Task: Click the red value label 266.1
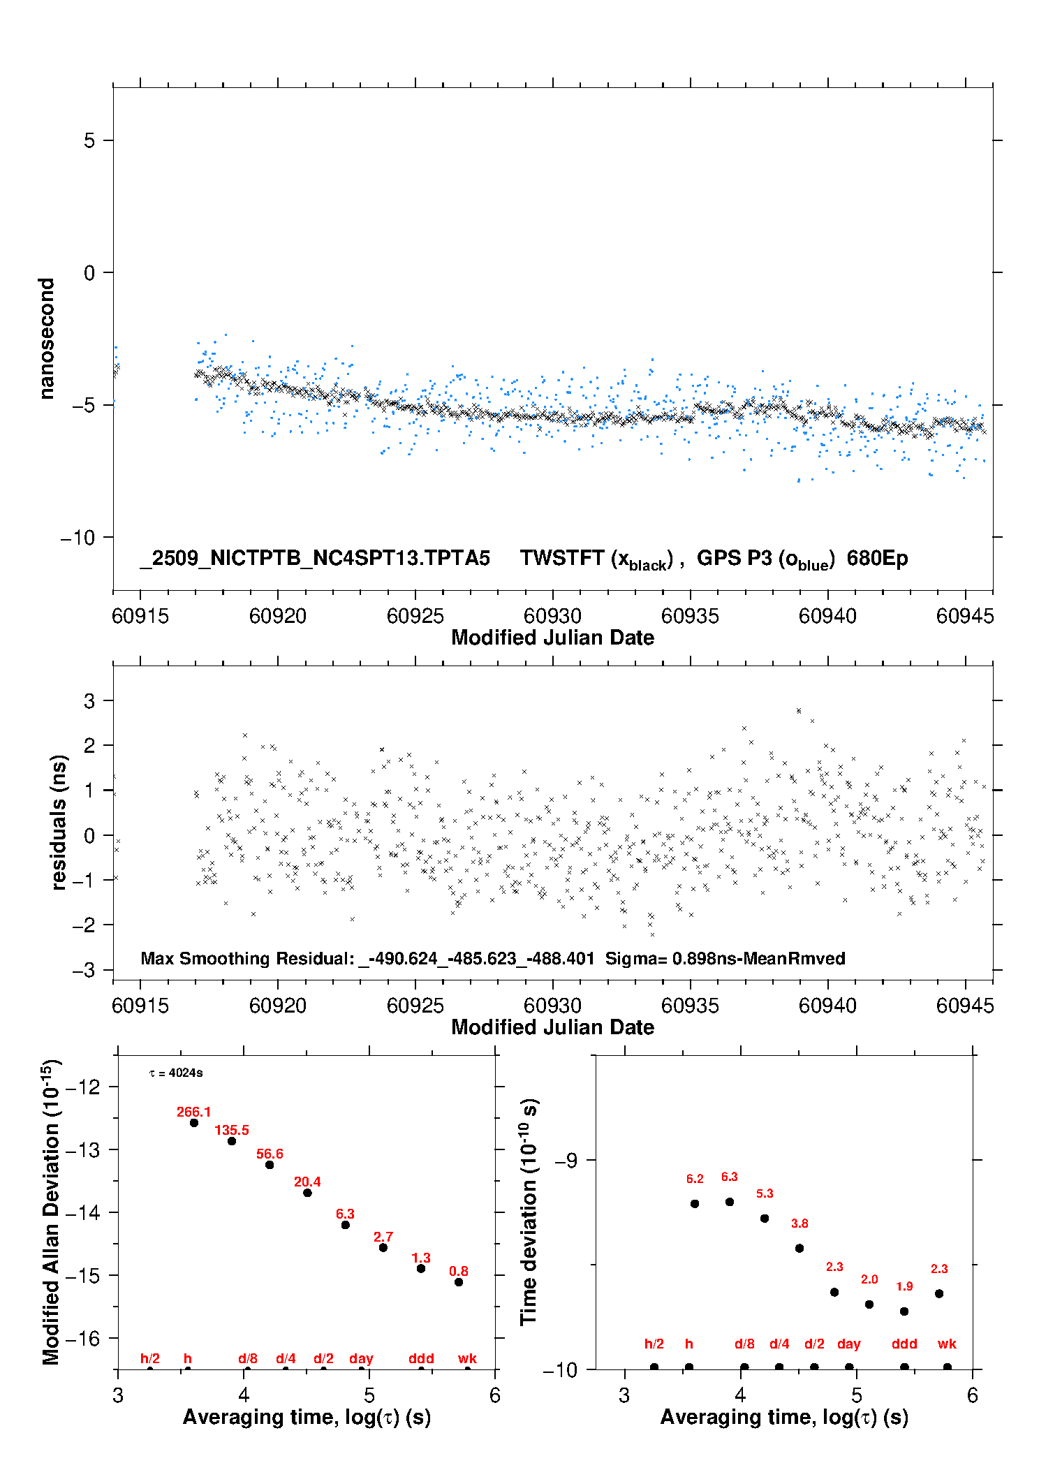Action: click(x=193, y=1112)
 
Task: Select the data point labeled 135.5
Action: click(x=232, y=1141)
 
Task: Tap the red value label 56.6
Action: click(x=270, y=1154)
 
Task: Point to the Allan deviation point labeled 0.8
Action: click(x=459, y=1282)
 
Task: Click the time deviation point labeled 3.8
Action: click(x=799, y=1248)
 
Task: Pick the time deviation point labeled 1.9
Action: click(x=904, y=1311)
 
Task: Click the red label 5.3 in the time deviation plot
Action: click(x=765, y=1193)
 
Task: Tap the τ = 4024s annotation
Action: click(x=176, y=1073)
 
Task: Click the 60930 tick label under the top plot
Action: click(x=552, y=616)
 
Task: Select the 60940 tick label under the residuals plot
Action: click(x=827, y=1006)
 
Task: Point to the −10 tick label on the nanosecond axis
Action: click(x=77, y=538)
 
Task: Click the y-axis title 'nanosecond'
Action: click(x=46, y=339)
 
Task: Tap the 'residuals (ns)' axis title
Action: click(x=59, y=822)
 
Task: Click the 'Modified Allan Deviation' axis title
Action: click(x=50, y=1212)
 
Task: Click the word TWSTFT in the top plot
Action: click(x=562, y=558)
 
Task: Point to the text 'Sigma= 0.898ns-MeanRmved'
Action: click(x=725, y=958)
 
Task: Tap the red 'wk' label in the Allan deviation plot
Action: click(x=467, y=1358)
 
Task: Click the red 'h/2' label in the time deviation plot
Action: click(x=654, y=1344)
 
